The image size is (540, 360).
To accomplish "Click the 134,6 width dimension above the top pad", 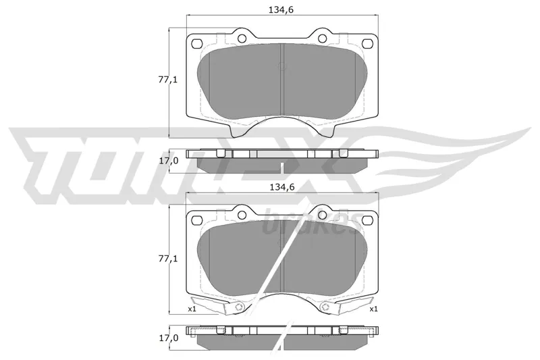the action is [x=281, y=10].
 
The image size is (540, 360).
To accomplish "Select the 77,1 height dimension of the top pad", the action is [x=167, y=80].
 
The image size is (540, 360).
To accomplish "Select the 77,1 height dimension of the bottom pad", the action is [x=167, y=259].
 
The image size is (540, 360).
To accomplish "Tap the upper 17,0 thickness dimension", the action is [x=168, y=160].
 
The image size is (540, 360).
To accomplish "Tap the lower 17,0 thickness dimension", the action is [x=168, y=338].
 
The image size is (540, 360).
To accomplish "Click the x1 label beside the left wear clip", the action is [x=192, y=309].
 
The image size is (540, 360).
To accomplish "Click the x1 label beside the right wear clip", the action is [x=373, y=309].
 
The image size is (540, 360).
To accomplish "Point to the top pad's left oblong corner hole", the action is [x=197, y=44].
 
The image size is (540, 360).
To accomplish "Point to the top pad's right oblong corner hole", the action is [x=367, y=44].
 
